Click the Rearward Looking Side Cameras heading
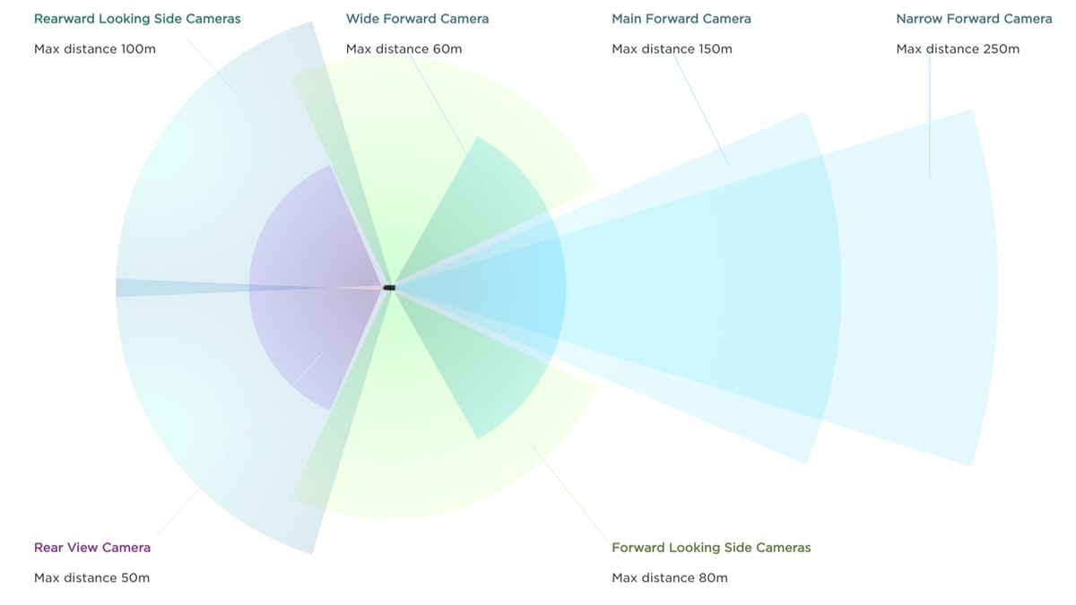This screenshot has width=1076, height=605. pos(137,19)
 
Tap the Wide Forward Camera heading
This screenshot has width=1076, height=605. pos(418,19)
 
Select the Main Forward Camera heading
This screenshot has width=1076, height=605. pos(681,19)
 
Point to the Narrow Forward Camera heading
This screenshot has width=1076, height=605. pos(974,19)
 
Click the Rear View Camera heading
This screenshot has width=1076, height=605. pos(92,548)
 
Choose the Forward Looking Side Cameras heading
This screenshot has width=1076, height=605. pos(711,548)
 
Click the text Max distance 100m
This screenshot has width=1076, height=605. pos(95,49)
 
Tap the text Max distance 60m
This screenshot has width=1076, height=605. pos(404,49)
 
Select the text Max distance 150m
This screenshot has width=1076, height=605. pos(672,49)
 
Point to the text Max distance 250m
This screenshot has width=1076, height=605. pos(958,49)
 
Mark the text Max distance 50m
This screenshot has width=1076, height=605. pos(91,577)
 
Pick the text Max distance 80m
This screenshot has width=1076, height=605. pos(670,577)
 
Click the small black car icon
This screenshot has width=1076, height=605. pos(389,288)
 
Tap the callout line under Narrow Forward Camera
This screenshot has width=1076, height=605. pos(930,116)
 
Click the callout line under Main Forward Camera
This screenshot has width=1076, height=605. pos(701,110)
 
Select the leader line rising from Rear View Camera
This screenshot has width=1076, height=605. pos(239,445)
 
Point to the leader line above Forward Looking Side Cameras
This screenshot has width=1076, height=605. pos(568,490)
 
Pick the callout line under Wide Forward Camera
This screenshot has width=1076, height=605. pos(447,119)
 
